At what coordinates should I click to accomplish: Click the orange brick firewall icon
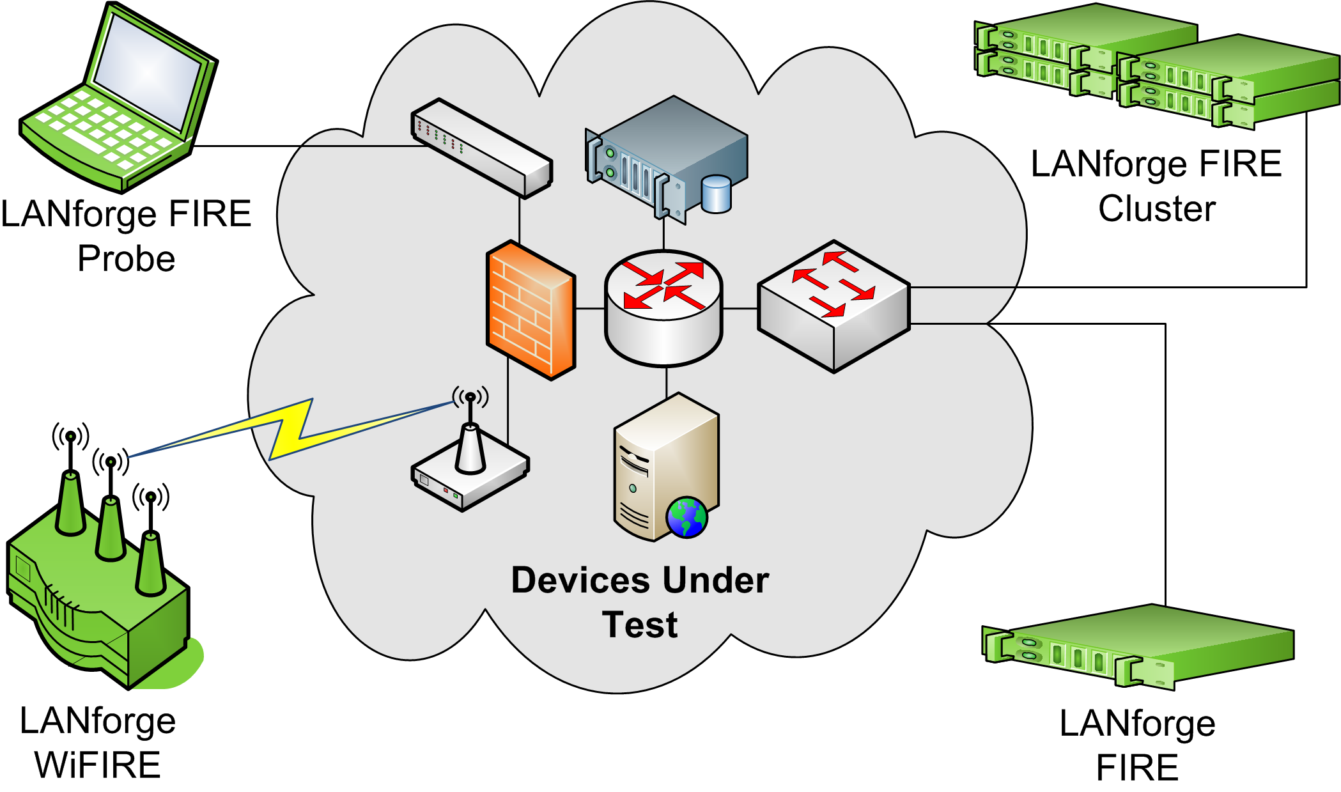(531, 310)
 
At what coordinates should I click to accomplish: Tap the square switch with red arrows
(833, 306)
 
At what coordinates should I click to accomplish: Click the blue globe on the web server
(687, 517)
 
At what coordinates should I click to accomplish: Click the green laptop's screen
(148, 70)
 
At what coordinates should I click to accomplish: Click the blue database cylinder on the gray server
(716, 194)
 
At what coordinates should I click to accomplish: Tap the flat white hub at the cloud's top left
(481, 148)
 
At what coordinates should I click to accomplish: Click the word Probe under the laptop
(127, 259)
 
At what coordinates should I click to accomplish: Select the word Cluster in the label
(1157, 209)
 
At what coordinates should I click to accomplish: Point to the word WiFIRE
(98, 765)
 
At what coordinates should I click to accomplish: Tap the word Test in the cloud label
(640, 625)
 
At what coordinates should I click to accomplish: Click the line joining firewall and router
(590, 309)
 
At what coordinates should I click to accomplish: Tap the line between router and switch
(740, 309)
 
